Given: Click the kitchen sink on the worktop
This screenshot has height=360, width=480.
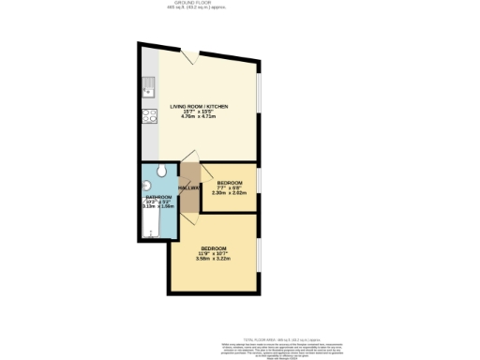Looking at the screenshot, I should pos(149,91).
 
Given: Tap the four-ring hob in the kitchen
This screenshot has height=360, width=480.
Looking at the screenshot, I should pos(149,117).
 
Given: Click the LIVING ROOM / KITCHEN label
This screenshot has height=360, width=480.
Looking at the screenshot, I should pos(198,107).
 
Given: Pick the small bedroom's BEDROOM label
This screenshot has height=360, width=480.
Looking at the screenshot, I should pos(230,182).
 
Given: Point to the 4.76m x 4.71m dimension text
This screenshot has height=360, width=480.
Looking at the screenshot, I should pos(198,119).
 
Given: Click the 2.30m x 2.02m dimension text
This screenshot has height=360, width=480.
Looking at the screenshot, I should pos(230,193).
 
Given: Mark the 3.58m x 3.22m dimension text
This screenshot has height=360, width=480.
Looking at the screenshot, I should pos(213,260).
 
